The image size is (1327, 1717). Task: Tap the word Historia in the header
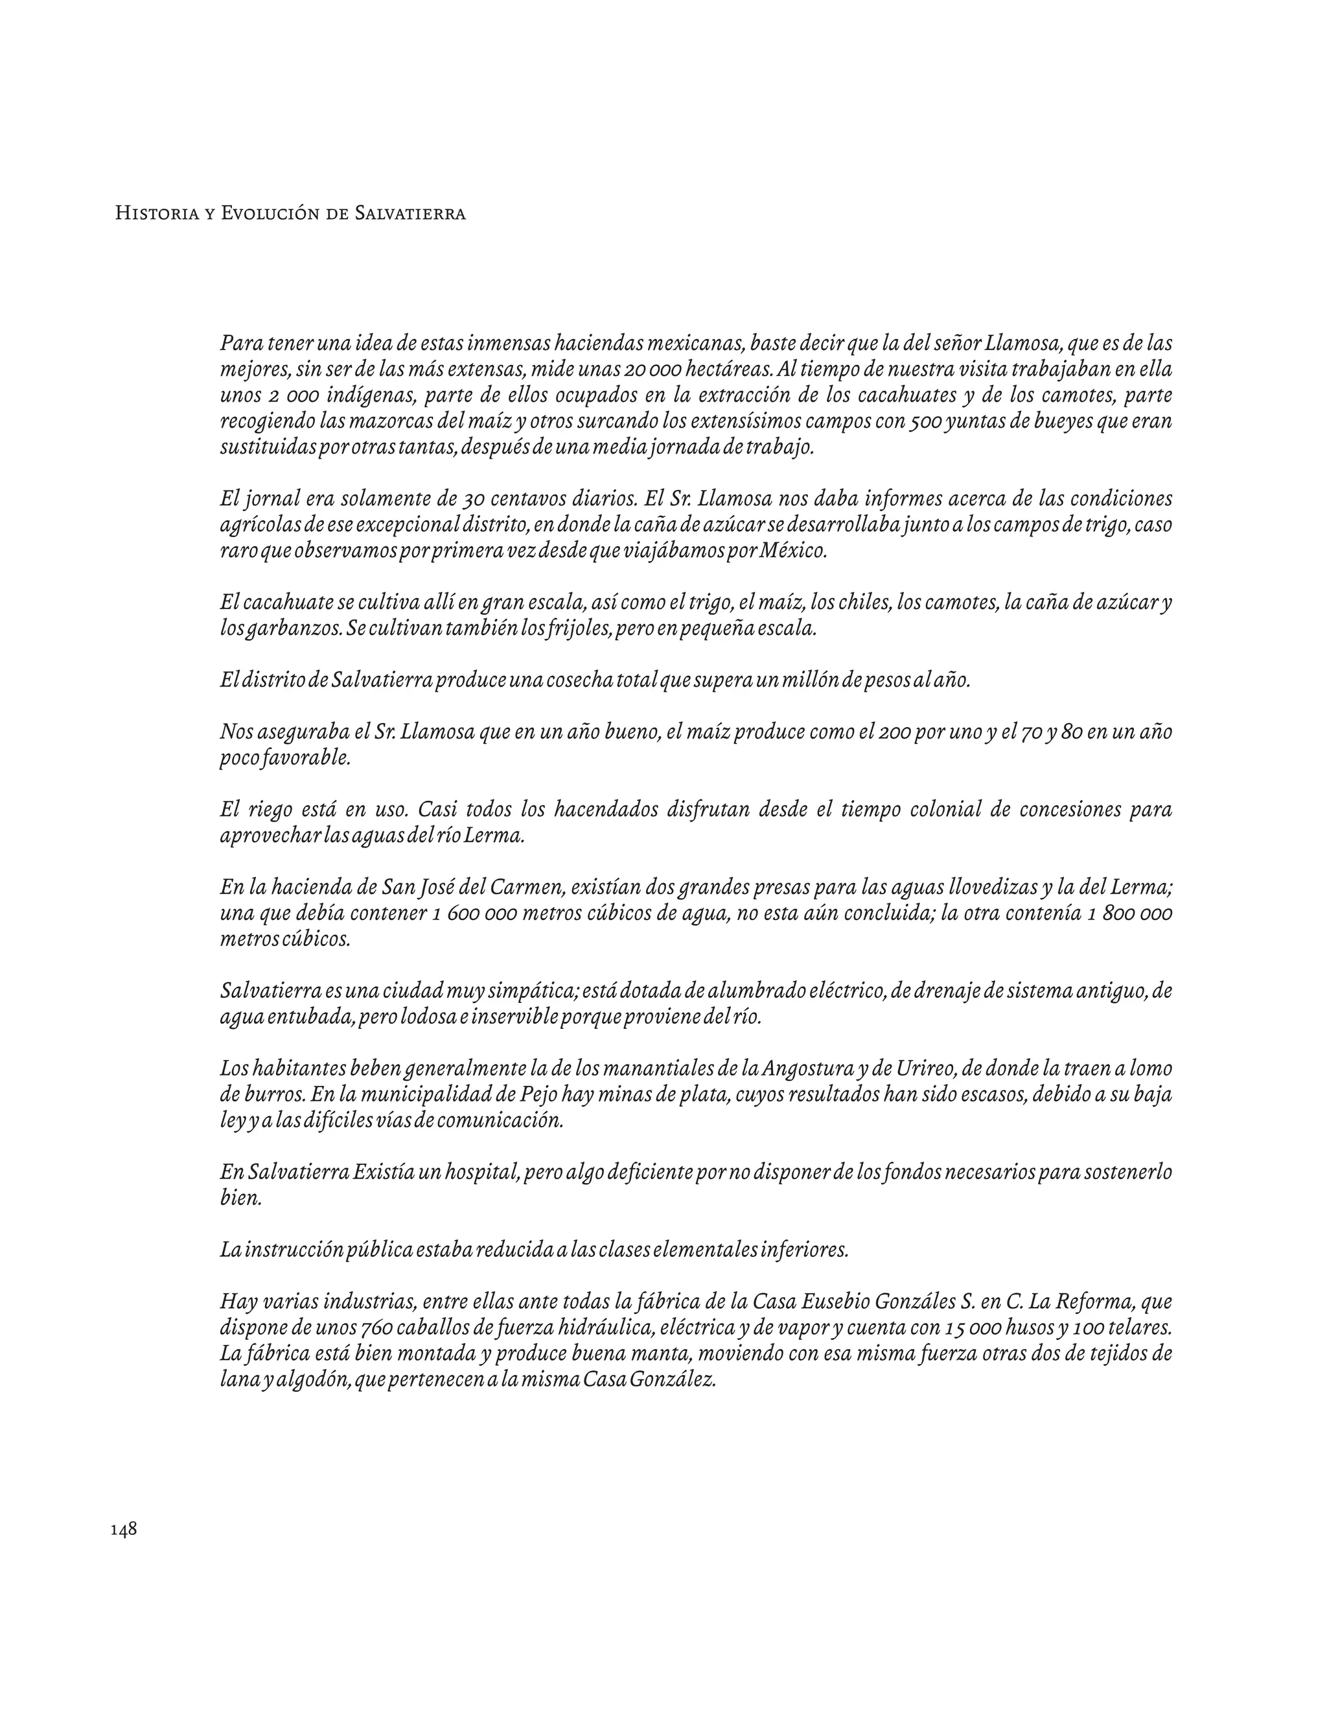[x=154, y=214]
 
